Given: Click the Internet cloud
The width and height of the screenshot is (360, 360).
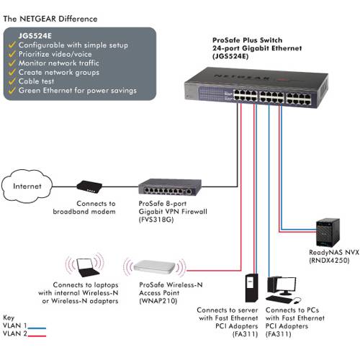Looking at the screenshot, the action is [27, 186].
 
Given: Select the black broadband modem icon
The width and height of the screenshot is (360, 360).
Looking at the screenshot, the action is [89, 186].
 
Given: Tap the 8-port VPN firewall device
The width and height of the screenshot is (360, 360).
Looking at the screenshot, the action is [170, 186].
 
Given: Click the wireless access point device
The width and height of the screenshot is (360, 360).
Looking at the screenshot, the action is [154, 266].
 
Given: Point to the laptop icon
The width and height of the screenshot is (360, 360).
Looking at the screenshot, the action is [87, 267].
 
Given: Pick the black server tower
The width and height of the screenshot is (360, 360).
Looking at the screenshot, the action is [251, 287].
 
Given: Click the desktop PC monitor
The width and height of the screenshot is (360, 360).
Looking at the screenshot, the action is [286, 285].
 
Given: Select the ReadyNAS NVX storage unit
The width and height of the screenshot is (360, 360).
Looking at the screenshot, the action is [328, 233].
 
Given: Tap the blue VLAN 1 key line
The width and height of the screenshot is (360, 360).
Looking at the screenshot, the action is [37, 328].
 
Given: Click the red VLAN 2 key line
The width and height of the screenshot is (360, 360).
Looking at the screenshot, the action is [37, 336].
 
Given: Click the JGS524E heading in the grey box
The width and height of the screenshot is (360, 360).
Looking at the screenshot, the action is [35, 36].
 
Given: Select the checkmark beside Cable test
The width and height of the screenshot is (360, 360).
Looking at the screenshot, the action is [12, 81].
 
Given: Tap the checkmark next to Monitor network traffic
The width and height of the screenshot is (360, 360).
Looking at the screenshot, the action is [12, 63].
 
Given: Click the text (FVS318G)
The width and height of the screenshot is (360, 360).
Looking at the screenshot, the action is [156, 220].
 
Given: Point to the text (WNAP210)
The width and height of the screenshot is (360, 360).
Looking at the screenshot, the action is [158, 301].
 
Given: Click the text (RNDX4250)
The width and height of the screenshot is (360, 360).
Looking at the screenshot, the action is [329, 261].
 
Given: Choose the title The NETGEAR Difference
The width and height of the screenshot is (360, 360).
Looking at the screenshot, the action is [50, 19].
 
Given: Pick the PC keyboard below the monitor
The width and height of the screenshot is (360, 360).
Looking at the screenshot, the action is [279, 299].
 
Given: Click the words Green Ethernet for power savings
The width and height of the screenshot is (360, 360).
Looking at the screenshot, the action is [78, 91].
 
